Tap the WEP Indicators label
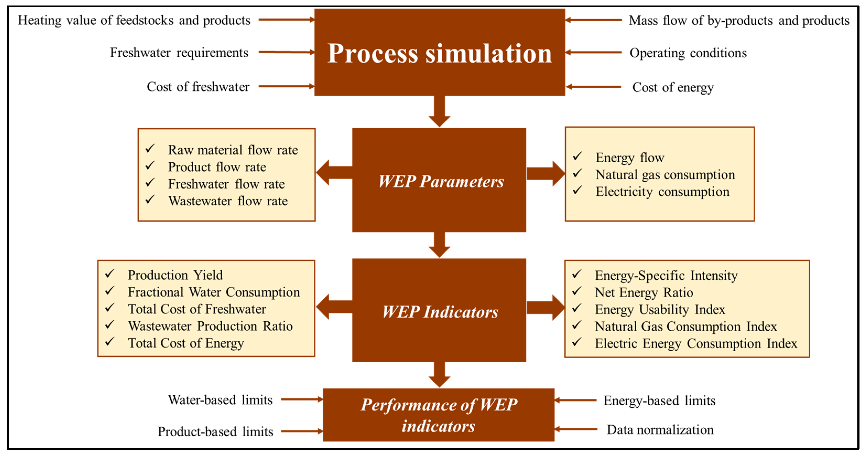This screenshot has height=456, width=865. click(440, 312)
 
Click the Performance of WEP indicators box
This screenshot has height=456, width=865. click(439, 415)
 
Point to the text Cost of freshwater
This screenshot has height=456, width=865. click(198, 87)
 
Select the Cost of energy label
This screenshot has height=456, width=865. click(673, 87)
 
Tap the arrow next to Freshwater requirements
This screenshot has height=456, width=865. click(286, 52)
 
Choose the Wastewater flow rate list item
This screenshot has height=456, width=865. click(228, 201)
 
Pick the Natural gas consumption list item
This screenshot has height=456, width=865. click(665, 174)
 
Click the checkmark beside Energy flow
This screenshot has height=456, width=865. click(577, 156)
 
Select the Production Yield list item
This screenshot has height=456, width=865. click(175, 275)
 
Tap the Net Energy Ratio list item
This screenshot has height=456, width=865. click(644, 293)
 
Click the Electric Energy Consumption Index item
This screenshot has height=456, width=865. click(696, 344)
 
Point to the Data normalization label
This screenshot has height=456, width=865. click(660, 430)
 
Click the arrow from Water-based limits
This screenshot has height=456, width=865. click(302, 399)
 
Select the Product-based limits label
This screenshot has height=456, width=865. click(215, 431)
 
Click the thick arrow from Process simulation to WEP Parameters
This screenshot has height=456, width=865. click(439, 111)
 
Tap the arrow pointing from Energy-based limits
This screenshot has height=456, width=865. click(575, 400)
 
